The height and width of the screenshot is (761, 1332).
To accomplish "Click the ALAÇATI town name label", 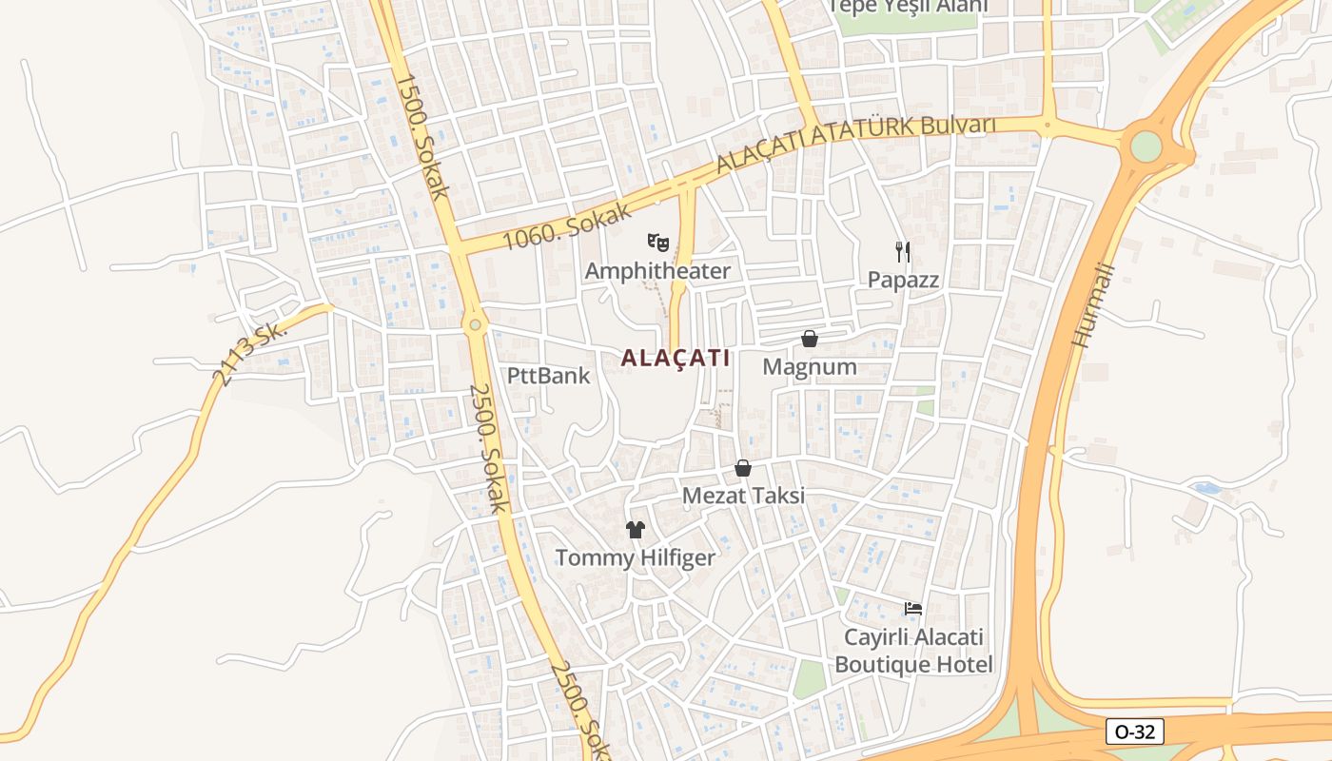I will point(676,359).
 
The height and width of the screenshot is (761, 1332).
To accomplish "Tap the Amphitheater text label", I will point(657,271).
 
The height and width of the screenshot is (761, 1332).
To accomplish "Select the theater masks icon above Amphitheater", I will point(657,243).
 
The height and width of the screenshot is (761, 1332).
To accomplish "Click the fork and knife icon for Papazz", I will point(903,252).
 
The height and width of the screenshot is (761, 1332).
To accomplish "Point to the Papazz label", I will point(903,280).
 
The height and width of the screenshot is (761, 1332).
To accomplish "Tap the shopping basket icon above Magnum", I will point(810,339).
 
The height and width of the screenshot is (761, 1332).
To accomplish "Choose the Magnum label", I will point(810,366).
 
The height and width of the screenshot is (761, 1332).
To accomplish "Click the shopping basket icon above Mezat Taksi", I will point(743,468).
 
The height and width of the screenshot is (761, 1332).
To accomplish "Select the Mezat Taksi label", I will point(743,496).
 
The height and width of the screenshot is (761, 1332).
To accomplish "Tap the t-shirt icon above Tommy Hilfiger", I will point(635,530).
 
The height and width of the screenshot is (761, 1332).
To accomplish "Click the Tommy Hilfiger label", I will point(635,557).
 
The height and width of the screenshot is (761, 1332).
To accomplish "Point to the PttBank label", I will point(548,376).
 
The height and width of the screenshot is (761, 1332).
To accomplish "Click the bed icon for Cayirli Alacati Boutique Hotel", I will point(913,608).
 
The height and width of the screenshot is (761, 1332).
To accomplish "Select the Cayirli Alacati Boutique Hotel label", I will point(913,651).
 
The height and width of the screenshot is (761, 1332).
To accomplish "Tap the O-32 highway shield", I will point(1135,732).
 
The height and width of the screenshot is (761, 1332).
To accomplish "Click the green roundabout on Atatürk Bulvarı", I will point(1146,146).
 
